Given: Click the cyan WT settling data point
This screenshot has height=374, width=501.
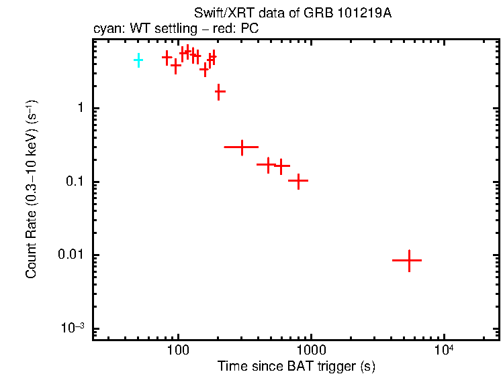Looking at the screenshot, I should [x=138, y=60].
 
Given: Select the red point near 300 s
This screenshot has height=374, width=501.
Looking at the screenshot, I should [x=241, y=147].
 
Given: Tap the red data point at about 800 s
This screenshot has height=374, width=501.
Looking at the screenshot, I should [x=298, y=180].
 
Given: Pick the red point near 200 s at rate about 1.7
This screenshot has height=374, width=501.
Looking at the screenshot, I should [x=219, y=91].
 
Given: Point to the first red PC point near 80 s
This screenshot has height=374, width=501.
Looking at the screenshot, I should [x=167, y=58].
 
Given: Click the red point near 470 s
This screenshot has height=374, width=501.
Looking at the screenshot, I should [x=268, y=164].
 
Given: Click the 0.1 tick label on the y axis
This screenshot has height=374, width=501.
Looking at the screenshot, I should [x=74, y=182].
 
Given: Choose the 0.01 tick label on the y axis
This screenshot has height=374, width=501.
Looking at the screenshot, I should [x=71, y=255].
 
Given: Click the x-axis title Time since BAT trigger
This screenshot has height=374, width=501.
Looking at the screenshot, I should [x=296, y=367].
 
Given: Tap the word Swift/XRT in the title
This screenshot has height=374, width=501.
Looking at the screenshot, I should [x=220, y=14].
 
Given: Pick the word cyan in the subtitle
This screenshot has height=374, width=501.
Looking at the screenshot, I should [x=105, y=29].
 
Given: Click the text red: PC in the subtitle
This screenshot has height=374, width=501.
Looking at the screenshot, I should [x=238, y=29].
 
